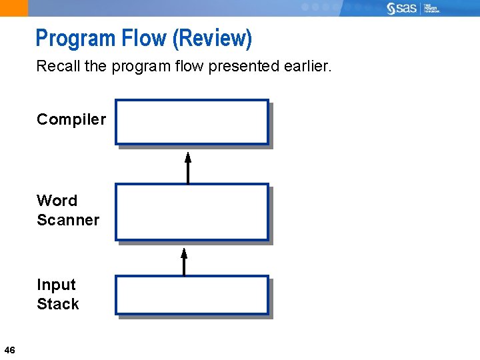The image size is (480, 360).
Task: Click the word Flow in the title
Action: pyautogui.click(x=143, y=39)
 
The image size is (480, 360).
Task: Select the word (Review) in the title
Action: pyautogui.click(x=212, y=39)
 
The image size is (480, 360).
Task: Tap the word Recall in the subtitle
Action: pyautogui.click(x=57, y=67)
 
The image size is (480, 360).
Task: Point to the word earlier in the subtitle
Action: pyautogui.click(x=306, y=67)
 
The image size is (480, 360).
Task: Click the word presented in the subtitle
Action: pyautogui.click(x=240, y=67)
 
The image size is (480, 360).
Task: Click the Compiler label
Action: pyautogui.click(x=71, y=119)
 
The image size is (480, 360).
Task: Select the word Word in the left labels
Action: pyautogui.click(x=57, y=201)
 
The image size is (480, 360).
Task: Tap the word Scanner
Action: pyautogui.click(x=68, y=220)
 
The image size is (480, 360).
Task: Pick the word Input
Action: pyautogui.click(x=56, y=285)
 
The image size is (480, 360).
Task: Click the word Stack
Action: pyautogui.click(x=58, y=304)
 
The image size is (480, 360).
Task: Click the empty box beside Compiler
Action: pyautogui.click(x=191, y=122)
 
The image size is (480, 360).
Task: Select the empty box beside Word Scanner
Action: pyautogui.click(x=191, y=212)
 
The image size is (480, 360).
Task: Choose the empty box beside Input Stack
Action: pyautogui.click(x=191, y=295)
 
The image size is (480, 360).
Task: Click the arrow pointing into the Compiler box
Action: pyautogui.click(x=188, y=167)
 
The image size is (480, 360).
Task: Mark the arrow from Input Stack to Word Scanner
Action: pyautogui.click(x=184, y=261)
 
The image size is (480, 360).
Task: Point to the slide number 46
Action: pyautogui.click(x=9, y=350)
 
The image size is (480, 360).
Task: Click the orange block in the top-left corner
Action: pyautogui.click(x=14, y=8)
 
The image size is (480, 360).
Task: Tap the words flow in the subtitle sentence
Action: pyautogui.click(x=188, y=67)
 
